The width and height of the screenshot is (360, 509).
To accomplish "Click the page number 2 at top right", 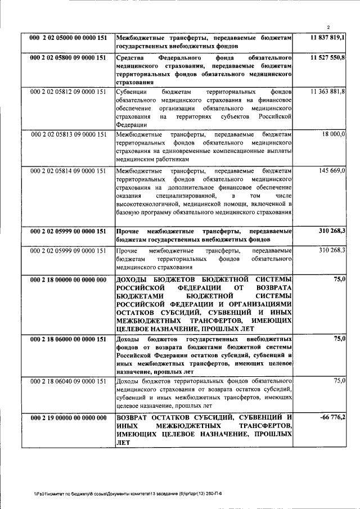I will coord(330,27).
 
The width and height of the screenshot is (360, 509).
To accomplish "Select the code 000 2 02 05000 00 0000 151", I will coord(68,38).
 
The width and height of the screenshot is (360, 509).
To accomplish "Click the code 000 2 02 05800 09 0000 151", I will coord(68,58).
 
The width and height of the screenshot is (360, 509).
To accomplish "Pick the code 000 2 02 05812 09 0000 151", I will coord(68,92).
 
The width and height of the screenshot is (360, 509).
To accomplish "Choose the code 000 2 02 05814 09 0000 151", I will coord(68,169).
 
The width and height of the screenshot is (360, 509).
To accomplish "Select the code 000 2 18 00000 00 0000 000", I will coord(68,280).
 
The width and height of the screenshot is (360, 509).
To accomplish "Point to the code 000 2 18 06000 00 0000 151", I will coord(68,339).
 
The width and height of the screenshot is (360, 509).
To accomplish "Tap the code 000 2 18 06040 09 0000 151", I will coord(68,381).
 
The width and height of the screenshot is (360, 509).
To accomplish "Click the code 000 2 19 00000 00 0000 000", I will coord(68,418).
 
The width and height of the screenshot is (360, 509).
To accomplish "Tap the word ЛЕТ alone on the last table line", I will coord(123,443).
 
